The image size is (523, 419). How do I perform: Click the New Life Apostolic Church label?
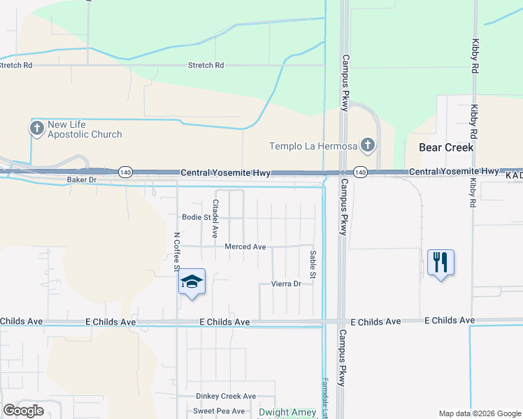coord(84,130)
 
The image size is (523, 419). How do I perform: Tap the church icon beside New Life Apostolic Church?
coord(37,128)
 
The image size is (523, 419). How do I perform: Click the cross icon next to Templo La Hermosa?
coord(368,146)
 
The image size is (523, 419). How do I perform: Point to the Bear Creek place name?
coord(446,147)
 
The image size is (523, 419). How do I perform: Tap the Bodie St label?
coord(196,217)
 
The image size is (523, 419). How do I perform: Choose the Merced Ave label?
coord(245,247)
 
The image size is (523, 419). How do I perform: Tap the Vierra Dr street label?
coord(286,284)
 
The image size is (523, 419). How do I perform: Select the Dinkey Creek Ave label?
coord(226,396)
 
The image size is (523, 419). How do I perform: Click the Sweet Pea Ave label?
coord(219,411)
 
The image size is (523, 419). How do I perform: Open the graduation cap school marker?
coord(192,282)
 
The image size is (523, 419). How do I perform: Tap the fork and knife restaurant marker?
coord(440,263)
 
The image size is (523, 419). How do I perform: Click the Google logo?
coord(24,411)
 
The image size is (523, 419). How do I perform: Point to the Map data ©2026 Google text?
coord(479,413)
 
